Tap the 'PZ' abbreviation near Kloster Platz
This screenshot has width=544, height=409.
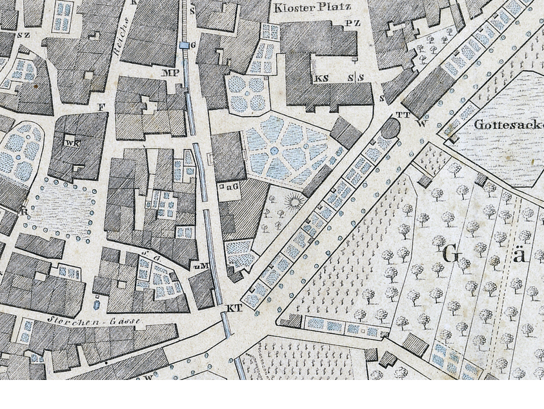tap(352, 23)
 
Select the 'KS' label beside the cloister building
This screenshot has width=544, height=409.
tap(321, 79)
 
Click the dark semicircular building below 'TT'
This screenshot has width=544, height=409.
tap(390, 127)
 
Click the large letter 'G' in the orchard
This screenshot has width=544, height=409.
tap(451, 254)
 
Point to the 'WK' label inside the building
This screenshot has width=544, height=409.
tap(72, 143)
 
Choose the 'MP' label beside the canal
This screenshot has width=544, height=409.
tap(170, 73)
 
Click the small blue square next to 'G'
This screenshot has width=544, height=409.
tap(185, 45)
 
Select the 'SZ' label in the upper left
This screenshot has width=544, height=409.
tap(24, 35)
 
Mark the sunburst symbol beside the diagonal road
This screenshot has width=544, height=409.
tap(295, 203)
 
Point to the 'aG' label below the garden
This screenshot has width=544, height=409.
tap(232, 186)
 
